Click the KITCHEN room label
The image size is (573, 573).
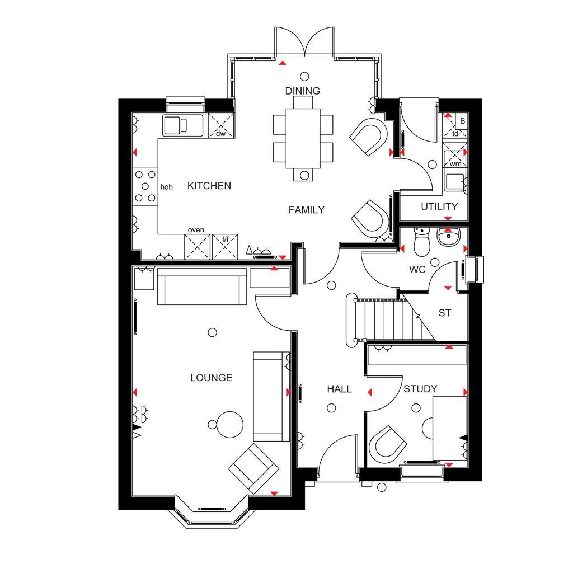click(x=209, y=186)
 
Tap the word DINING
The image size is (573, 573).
click(x=303, y=91)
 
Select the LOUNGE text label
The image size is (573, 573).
click(x=211, y=378)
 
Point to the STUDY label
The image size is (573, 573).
click(x=420, y=389)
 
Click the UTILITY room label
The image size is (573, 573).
click(x=439, y=207)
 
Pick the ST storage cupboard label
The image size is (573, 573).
click(x=445, y=313)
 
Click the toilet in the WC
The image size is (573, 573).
click(x=422, y=241)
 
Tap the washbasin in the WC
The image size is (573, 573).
click(x=448, y=237)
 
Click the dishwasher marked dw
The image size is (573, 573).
click(x=221, y=125)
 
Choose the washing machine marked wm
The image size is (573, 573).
click(x=455, y=155)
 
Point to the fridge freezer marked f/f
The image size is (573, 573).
click(x=225, y=247)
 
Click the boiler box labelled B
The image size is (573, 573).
click(x=462, y=121)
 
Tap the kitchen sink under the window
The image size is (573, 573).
click(x=183, y=125)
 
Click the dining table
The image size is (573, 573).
click(x=303, y=138)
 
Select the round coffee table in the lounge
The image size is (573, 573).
click(x=229, y=424)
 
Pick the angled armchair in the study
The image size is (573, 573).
click(x=387, y=444)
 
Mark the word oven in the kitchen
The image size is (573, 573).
click(x=196, y=230)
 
